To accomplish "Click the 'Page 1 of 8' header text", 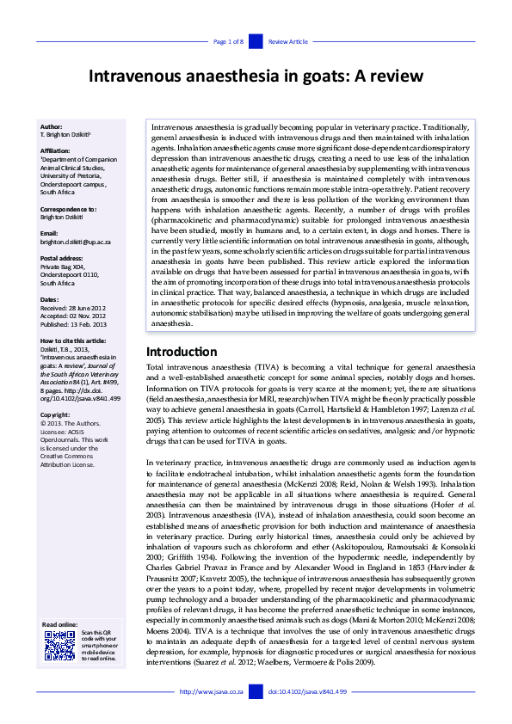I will [228, 41].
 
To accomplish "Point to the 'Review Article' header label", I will [287, 41].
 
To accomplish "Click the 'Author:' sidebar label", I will [52, 126].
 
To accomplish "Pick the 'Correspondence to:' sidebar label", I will [68, 209].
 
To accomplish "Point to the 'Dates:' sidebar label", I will [51, 299].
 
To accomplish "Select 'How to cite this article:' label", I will [74, 341].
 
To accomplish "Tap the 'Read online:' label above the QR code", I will [59, 624].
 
